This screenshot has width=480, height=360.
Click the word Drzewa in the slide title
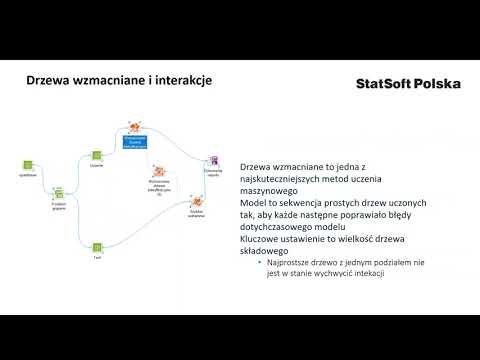(x=50, y=83)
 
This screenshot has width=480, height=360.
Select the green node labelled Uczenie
(x=97, y=155)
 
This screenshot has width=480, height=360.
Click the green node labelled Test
(x=97, y=247)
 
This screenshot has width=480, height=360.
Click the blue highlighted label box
(x=135, y=144)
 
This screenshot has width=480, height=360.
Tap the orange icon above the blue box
(x=134, y=129)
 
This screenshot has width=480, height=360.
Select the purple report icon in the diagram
(x=212, y=160)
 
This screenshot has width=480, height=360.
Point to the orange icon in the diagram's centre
(x=158, y=171)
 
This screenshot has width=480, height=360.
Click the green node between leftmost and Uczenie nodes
(x=58, y=190)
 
